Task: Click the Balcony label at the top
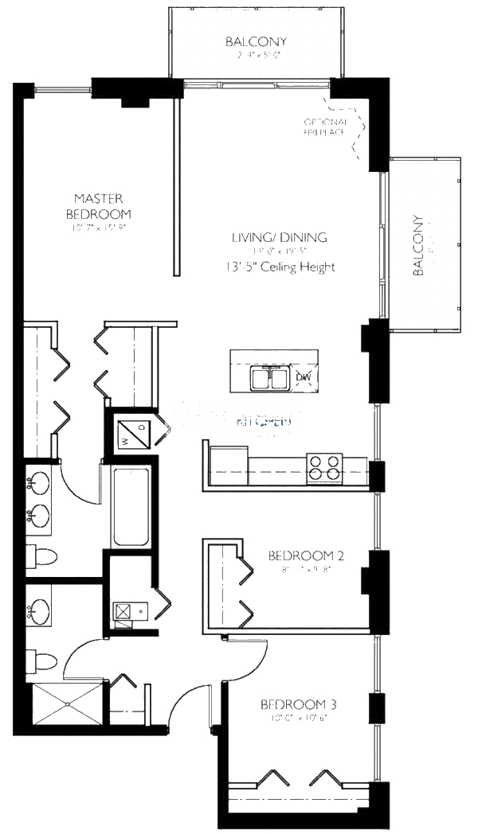coord(256,41)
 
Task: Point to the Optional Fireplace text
coord(324,127)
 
